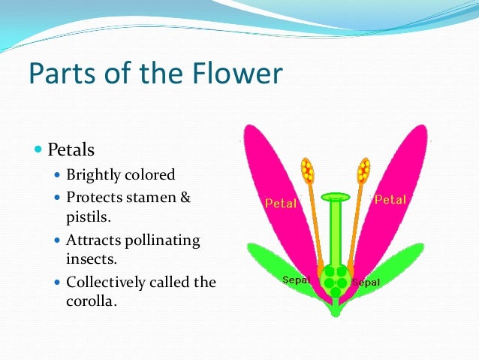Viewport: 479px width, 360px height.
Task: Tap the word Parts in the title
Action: (x=58, y=74)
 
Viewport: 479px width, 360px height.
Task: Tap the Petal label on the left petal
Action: (x=281, y=203)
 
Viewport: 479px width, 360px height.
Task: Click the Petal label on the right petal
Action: (x=390, y=200)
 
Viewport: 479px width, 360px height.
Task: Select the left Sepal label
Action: (x=297, y=280)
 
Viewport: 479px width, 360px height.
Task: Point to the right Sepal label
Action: (x=366, y=283)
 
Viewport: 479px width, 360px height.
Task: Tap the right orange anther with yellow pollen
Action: (x=363, y=171)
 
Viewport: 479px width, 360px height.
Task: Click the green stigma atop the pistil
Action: (x=335, y=198)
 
